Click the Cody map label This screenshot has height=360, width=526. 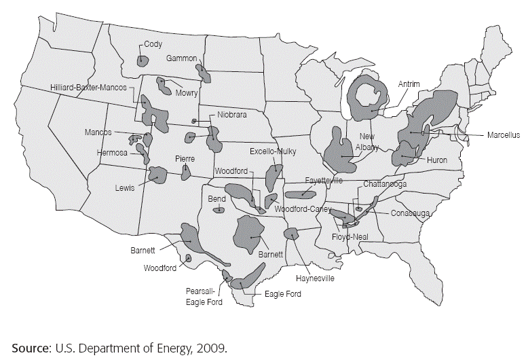151,45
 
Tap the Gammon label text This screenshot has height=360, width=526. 181,58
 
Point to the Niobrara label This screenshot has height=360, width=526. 232,115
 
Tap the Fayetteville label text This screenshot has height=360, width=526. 323,181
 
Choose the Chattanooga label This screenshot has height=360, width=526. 385,183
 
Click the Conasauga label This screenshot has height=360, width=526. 411,213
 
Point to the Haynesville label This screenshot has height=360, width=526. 316,278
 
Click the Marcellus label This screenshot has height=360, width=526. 503,135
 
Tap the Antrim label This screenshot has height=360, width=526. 409,84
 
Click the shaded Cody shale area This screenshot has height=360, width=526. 143,61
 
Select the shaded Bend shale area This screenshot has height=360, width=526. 219,210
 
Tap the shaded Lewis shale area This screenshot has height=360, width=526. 157,175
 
